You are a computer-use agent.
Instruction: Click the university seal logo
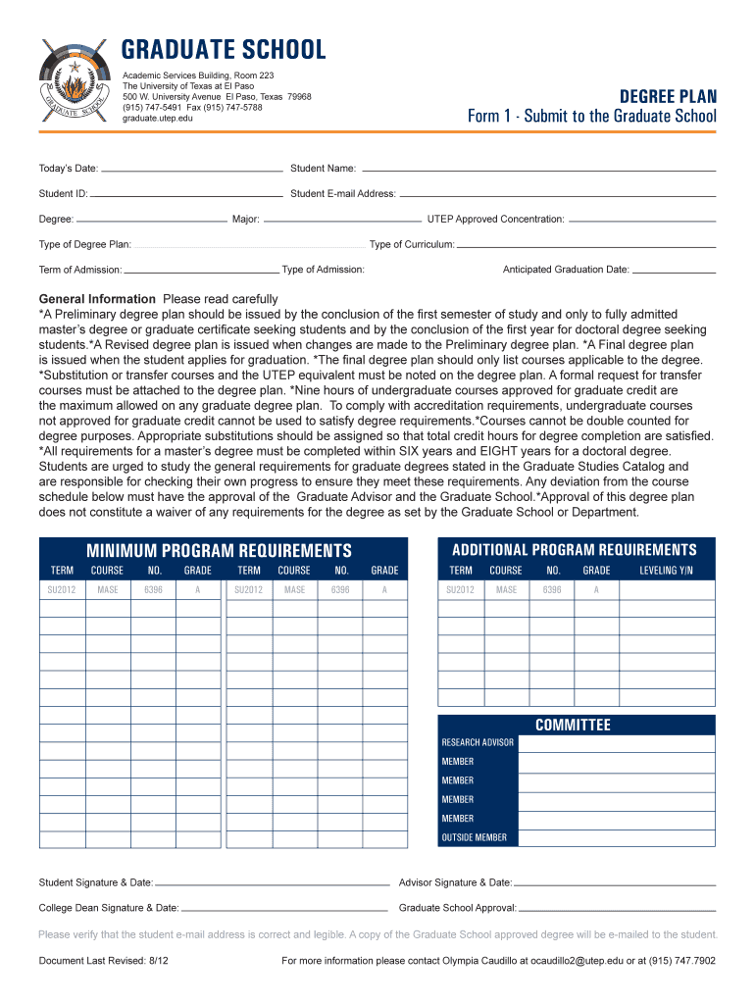point(75,81)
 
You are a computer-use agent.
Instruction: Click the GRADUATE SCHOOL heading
point(224,50)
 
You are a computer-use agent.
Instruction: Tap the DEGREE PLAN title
point(668,96)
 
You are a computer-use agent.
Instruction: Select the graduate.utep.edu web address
point(158,119)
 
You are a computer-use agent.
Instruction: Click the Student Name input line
point(538,169)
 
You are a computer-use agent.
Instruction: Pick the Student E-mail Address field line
point(558,194)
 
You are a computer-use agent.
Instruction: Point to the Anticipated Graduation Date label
point(566,270)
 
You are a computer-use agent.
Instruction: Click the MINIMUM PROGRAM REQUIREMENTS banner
point(219,551)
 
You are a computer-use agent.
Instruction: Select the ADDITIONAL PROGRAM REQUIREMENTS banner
point(575,549)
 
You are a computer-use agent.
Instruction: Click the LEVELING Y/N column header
point(666,571)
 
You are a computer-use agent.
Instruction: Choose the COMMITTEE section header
point(573,725)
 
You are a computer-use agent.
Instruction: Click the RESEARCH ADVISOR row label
point(478,743)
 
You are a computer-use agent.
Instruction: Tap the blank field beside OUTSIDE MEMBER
point(616,837)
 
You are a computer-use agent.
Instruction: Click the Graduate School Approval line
point(617,909)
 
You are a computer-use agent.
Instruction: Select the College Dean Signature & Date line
point(284,909)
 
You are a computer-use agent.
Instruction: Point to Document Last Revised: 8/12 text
point(104,961)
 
